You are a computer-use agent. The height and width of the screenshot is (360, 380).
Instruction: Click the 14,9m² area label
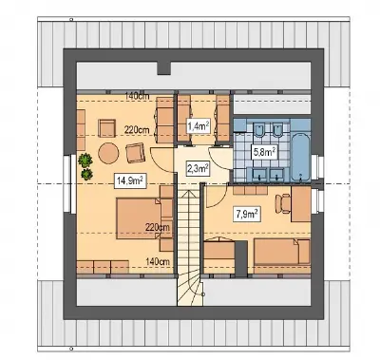coord(129,181)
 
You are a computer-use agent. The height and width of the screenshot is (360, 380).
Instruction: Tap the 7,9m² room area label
coord(247,214)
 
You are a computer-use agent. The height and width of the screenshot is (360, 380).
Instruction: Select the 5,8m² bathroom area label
coord(264,152)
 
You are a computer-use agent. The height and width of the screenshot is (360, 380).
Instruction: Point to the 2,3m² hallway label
coord(198,168)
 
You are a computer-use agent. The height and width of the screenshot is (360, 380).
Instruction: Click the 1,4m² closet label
coord(199,126)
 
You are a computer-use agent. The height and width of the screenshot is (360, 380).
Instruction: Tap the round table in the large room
coord(108,153)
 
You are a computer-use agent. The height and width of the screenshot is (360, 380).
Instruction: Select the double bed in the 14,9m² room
coord(139,218)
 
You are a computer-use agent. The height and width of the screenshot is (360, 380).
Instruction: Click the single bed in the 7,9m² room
coord(282,252)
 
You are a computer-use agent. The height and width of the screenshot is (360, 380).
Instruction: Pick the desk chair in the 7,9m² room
coord(283,203)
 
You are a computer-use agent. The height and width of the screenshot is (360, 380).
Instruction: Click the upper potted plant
coord(85,160)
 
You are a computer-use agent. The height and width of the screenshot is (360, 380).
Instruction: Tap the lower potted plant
coord(86,175)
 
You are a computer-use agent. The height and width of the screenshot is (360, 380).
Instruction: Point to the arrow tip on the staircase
coord(188,191)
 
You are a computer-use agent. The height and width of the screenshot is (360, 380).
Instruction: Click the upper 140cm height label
coord(137,97)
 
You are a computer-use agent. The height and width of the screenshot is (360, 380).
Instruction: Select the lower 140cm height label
coord(158,261)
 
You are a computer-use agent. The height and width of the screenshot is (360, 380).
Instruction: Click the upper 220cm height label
coord(137,129)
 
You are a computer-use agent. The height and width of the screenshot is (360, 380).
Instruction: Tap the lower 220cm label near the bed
coord(158,227)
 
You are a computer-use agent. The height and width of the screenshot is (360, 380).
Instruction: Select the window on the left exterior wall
coord(66,183)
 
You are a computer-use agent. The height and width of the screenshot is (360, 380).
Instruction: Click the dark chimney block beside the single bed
coord(241,256)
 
